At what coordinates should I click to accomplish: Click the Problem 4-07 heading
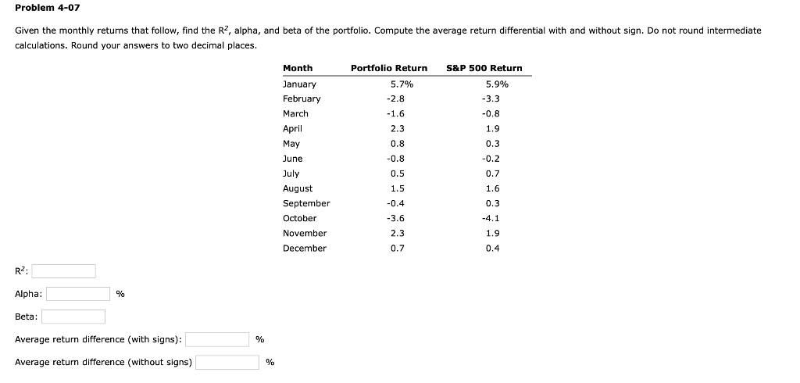48,8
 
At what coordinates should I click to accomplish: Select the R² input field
63,271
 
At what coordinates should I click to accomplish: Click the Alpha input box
77,294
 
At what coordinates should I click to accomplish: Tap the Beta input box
73,317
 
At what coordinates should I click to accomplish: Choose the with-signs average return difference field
216,339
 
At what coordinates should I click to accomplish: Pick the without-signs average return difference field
227,362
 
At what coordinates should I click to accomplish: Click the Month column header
297,68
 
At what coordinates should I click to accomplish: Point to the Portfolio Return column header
389,68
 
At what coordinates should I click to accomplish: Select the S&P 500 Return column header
484,68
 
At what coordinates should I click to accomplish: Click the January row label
299,84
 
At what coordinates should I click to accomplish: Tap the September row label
305,203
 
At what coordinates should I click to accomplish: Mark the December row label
304,249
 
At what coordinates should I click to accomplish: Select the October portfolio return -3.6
395,219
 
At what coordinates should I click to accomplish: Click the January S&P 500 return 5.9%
497,84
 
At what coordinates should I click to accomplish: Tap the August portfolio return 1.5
397,188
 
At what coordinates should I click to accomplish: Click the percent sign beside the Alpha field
120,295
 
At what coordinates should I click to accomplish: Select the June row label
292,159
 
